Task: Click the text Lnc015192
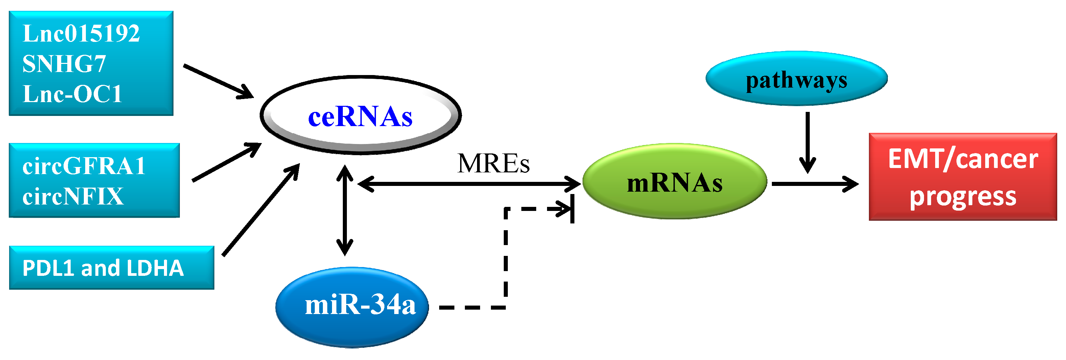pyautogui.click(x=81, y=34)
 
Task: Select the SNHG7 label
pyautogui.click(x=64, y=64)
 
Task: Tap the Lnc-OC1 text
pyautogui.click(x=72, y=94)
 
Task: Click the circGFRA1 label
pyautogui.click(x=84, y=166)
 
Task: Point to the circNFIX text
pyautogui.click(x=73, y=196)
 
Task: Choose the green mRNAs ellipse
pyautogui.click(x=674, y=182)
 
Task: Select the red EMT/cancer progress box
pyautogui.click(x=963, y=177)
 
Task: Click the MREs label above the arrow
pyautogui.click(x=493, y=164)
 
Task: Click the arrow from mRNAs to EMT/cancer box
pyautogui.click(x=813, y=184)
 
